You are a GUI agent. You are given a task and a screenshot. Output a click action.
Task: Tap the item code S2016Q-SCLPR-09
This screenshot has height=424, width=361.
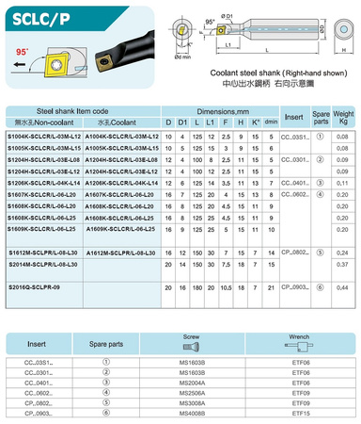(x=34, y=285)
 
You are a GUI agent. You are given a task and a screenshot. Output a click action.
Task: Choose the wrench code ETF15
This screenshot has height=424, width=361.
(x=300, y=412)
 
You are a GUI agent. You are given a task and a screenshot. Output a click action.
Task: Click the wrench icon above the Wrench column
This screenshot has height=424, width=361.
(x=300, y=347)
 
